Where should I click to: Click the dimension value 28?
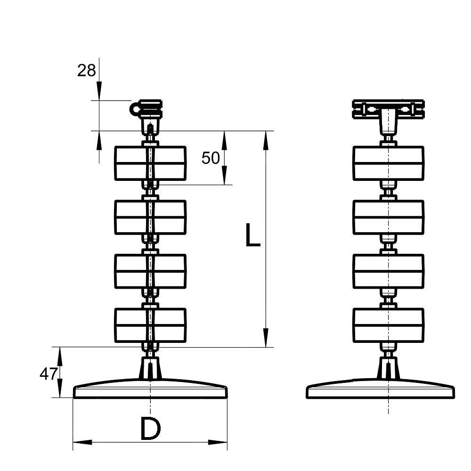click(x=87, y=71)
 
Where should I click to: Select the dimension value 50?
click(x=211, y=158)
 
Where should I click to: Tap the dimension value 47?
click(x=48, y=374)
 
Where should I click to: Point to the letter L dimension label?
click(x=252, y=235)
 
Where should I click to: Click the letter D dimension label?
click(x=150, y=429)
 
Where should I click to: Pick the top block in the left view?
click(x=150, y=163)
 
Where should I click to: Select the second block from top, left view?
click(x=150, y=217)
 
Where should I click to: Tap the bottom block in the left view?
click(x=150, y=325)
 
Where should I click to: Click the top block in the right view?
click(x=389, y=163)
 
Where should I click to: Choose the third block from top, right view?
click(x=389, y=271)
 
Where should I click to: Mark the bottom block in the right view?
click(x=389, y=325)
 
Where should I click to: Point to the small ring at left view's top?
click(x=136, y=110)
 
